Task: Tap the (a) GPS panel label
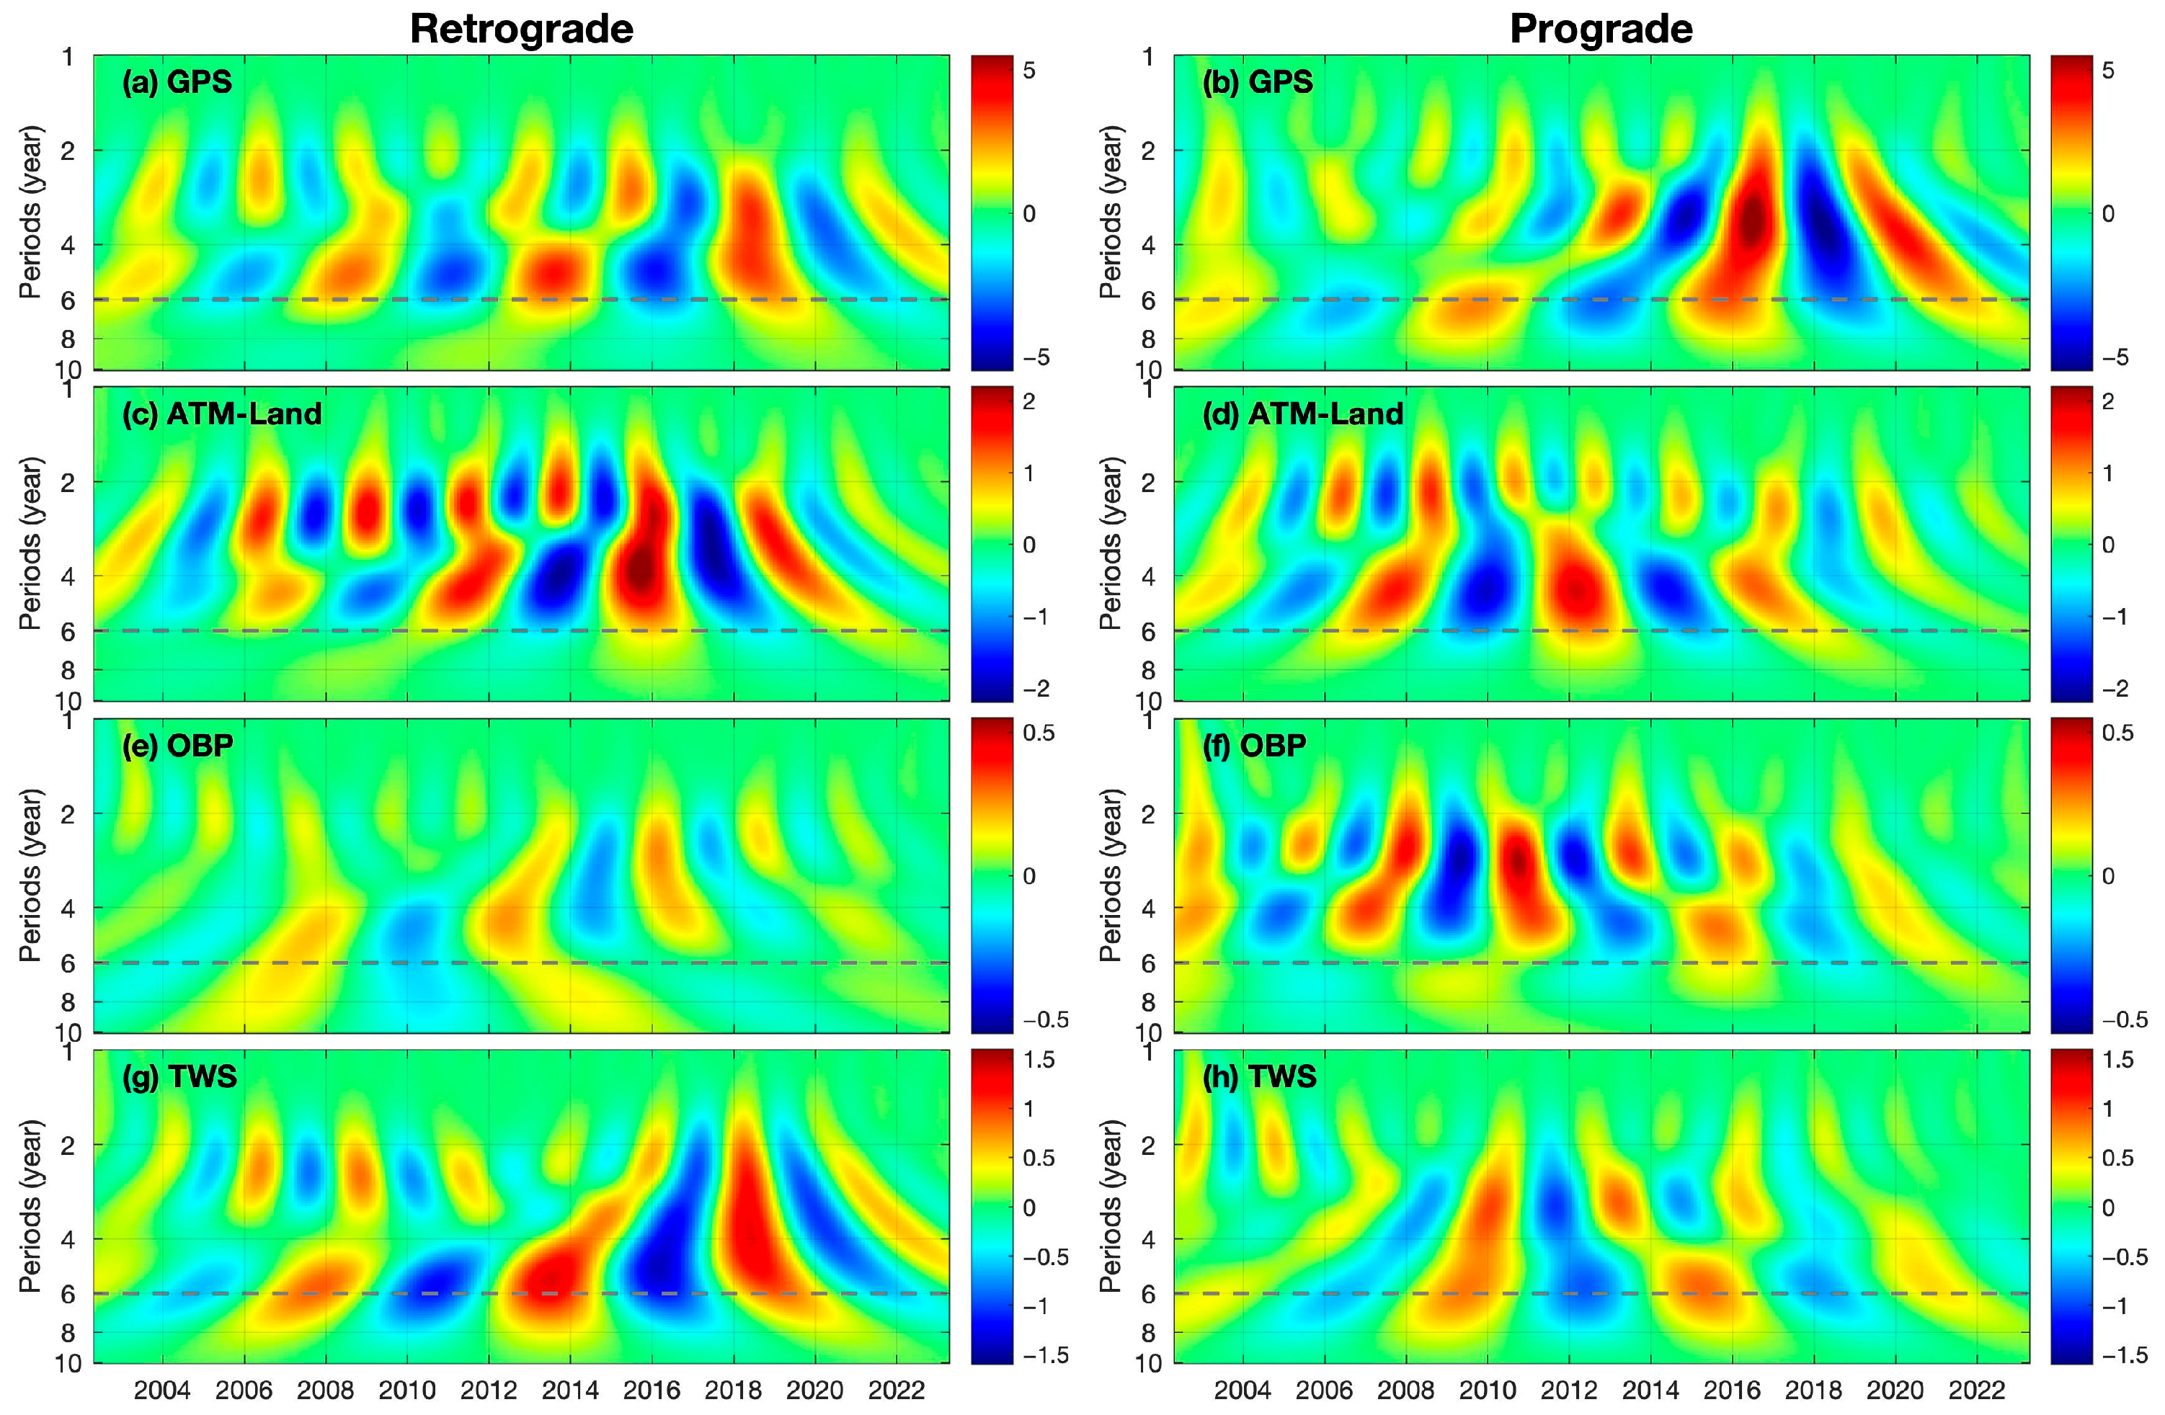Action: [x=177, y=82]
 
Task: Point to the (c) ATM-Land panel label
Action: [x=222, y=414]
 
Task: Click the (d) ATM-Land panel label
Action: [x=1302, y=414]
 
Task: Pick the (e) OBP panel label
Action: [x=177, y=746]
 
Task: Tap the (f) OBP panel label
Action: [x=1255, y=746]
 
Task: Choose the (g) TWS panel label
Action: [x=179, y=1076]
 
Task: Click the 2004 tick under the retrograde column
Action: [x=163, y=1391]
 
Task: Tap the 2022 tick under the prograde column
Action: [x=1978, y=1391]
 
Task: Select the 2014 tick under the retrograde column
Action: [x=570, y=1391]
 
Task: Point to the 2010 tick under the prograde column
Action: [x=1488, y=1391]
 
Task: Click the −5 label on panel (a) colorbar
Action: [x=1035, y=357]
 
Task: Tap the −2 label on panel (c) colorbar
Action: [x=1035, y=688]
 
